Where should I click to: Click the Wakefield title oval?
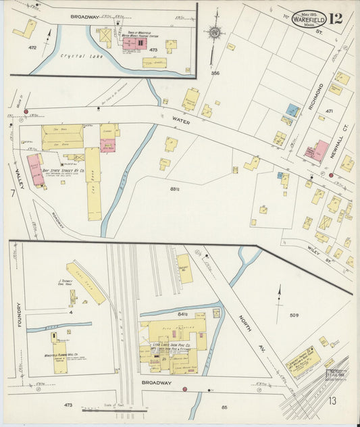click(x=309, y=19)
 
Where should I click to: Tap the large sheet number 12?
click(x=336, y=18)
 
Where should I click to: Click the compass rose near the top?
click(x=215, y=32)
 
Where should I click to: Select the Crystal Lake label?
click(x=74, y=56)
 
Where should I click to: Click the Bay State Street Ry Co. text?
click(x=63, y=171)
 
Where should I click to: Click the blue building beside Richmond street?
click(x=292, y=109)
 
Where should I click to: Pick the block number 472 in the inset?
click(x=31, y=48)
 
